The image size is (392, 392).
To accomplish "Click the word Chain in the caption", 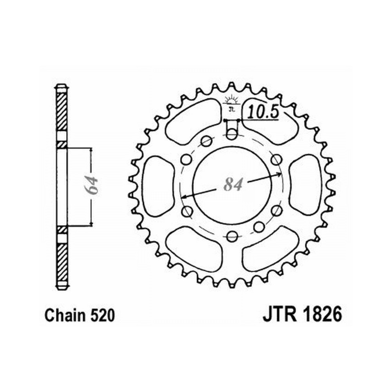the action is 65,316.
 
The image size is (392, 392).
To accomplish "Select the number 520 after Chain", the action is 102,316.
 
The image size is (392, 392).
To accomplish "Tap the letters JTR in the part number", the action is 279,314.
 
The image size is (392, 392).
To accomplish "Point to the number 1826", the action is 322,314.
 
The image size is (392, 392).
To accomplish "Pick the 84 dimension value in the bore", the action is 233,185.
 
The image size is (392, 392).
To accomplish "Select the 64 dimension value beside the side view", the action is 91,185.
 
